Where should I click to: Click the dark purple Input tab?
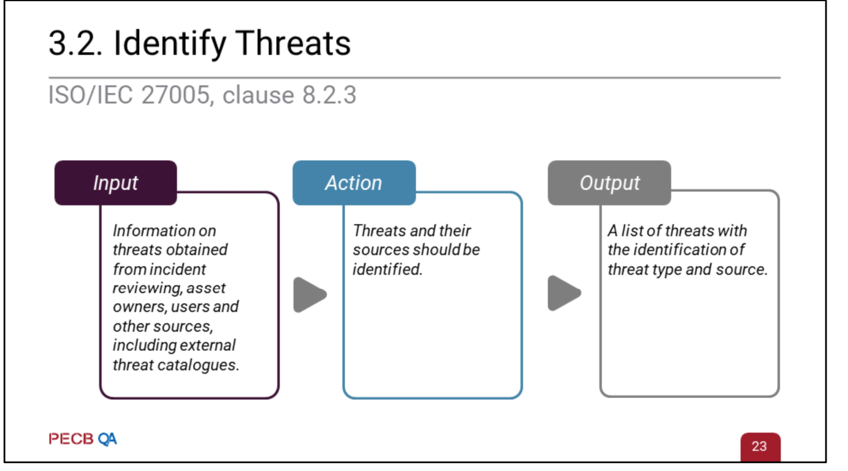tap(115, 183)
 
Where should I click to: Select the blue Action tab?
tap(354, 183)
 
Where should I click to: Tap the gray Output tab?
tap(609, 183)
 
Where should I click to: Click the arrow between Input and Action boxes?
tap(309, 294)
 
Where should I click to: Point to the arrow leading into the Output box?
tap(563, 293)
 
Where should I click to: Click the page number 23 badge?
tap(760, 446)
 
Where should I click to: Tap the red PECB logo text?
tap(71, 439)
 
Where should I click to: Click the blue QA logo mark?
tap(107, 439)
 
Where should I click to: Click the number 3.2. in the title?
tap(75, 43)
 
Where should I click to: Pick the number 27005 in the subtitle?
tap(175, 94)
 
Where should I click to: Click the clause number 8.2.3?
tap(329, 94)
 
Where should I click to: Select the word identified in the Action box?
tap(388, 269)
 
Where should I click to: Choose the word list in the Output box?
tap(632, 231)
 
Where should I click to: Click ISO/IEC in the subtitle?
tap(91, 94)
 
